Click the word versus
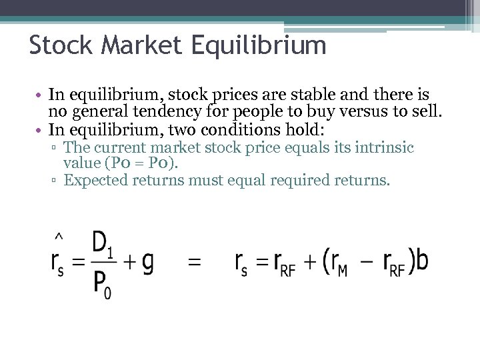[345, 112]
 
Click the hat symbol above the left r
[58, 236]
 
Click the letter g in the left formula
[147, 262]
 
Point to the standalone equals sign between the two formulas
[193, 263]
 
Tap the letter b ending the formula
[421, 261]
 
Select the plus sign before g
[129, 262]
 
